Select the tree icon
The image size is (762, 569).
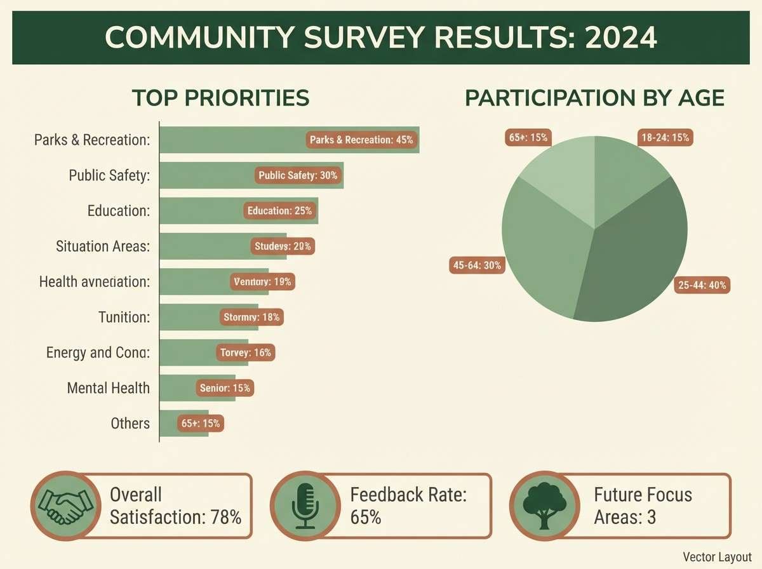click(x=544, y=505)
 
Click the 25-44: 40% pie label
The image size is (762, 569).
click(x=702, y=286)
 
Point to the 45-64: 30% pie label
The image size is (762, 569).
click(x=477, y=266)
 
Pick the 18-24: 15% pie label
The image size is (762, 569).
click(x=665, y=137)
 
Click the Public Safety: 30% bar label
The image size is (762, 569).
click(x=298, y=175)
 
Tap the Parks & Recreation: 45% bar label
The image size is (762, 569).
click(x=361, y=140)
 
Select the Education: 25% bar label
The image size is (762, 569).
click(x=279, y=211)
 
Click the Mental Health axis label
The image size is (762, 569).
click(x=109, y=387)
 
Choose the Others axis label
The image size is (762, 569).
click(x=130, y=423)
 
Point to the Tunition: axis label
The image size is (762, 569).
click(x=124, y=316)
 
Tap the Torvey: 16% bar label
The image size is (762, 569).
click(x=245, y=352)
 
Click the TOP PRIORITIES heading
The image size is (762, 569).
click(x=220, y=98)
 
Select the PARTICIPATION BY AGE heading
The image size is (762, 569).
click(x=594, y=98)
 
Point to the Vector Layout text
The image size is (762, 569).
click(x=717, y=557)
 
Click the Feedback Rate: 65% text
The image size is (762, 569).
click(x=408, y=505)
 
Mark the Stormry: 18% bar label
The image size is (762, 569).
click(x=251, y=317)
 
